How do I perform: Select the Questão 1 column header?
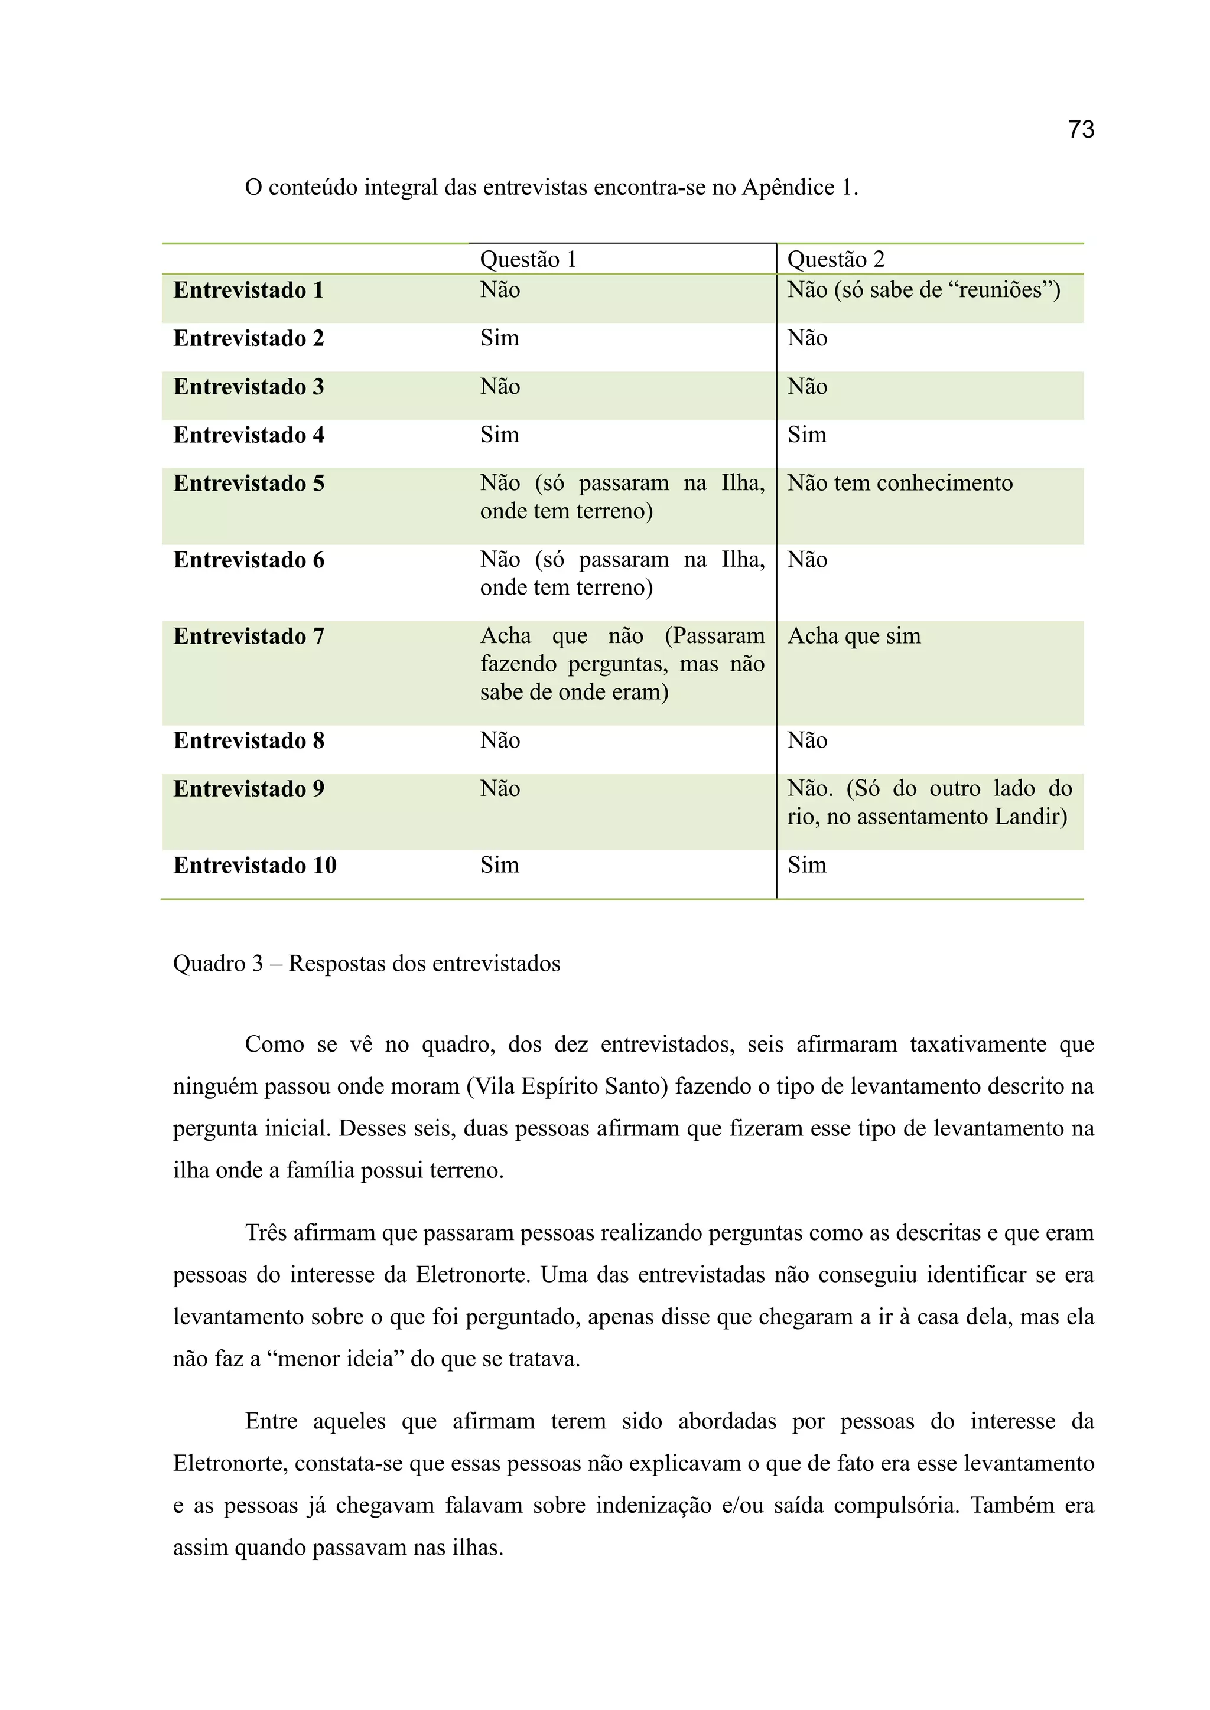pos(528,259)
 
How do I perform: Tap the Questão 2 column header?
pos(835,259)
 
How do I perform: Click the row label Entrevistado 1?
pos(248,291)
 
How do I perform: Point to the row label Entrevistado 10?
pos(255,866)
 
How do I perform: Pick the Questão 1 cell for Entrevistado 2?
pos(499,338)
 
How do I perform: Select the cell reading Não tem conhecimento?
pos(899,484)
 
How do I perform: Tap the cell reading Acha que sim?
pos(854,636)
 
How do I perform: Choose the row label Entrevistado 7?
pos(248,637)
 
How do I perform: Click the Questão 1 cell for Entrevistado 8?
pos(499,740)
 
